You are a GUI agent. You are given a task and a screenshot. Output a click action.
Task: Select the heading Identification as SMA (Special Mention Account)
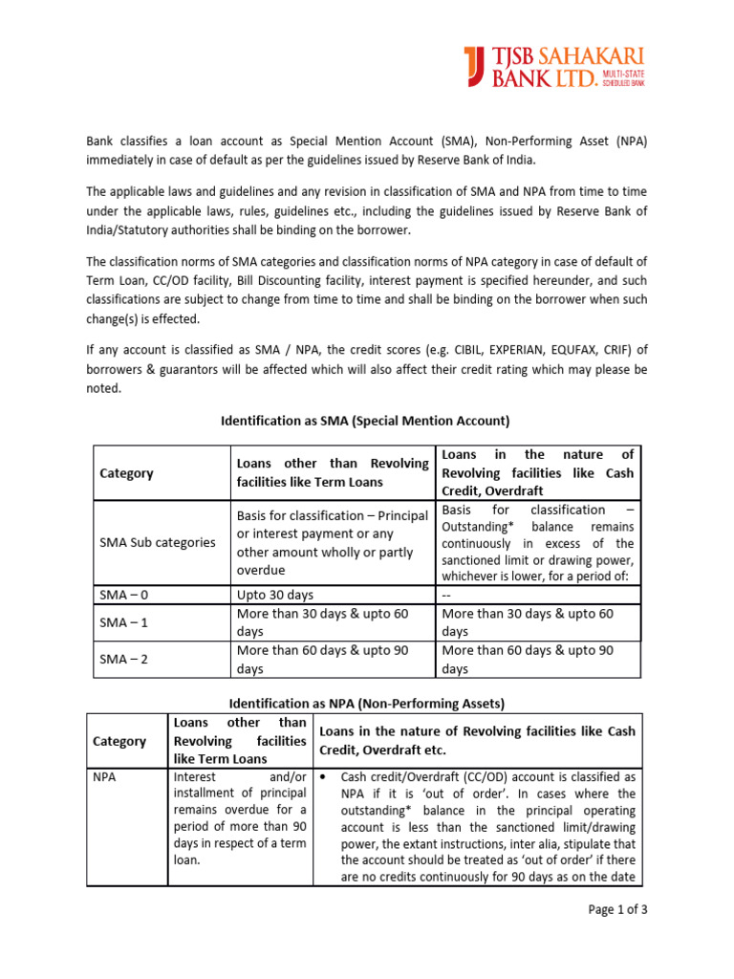tap(366, 420)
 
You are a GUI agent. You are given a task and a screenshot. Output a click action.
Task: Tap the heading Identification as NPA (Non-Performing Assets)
tap(366, 703)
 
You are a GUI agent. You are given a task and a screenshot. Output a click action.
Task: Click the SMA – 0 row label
tap(124, 594)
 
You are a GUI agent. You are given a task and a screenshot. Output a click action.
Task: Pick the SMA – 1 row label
tap(124, 622)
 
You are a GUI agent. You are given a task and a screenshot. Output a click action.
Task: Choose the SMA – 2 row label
tap(124, 659)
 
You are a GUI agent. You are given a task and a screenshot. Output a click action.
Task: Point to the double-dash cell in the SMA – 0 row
tap(447, 594)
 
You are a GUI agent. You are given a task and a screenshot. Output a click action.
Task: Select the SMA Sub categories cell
tap(158, 542)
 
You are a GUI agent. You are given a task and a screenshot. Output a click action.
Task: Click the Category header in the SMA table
tap(126, 473)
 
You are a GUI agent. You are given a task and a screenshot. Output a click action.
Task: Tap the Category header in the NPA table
tap(119, 741)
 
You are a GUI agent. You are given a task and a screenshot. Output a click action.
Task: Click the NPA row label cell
tap(104, 777)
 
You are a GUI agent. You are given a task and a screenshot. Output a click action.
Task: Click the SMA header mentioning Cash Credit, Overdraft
tap(536, 473)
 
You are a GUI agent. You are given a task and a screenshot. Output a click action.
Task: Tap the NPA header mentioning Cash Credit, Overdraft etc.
tap(475, 740)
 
